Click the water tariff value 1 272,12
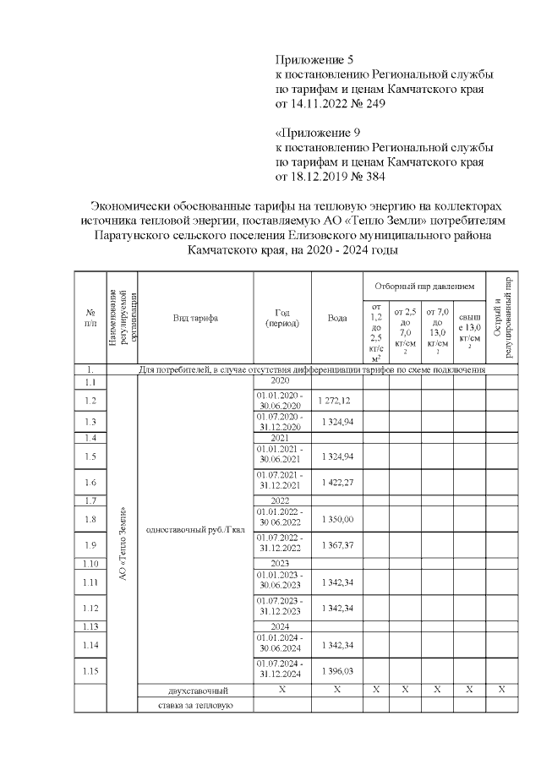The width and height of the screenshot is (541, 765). click(336, 400)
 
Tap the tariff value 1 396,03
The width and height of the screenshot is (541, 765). click(336, 670)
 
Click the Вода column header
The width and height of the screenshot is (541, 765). click(337, 318)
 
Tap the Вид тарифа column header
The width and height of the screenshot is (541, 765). click(195, 318)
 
